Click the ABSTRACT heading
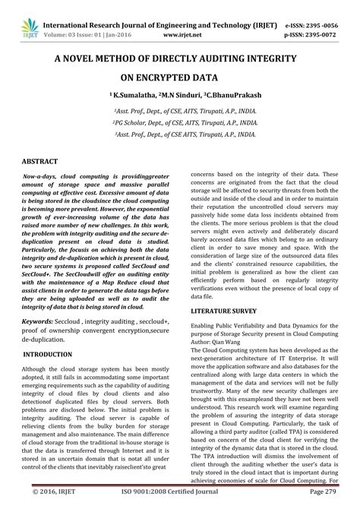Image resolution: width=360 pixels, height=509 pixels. coord(40,162)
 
